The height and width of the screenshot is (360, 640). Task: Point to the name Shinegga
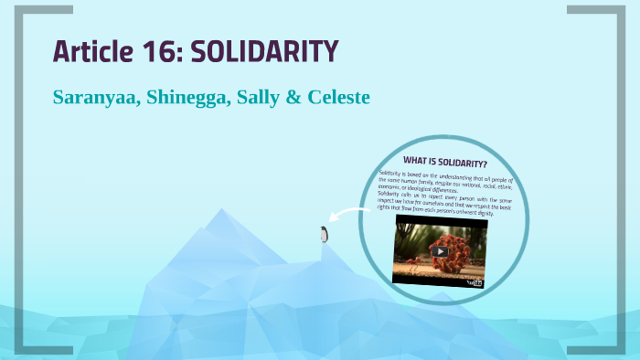[190, 97]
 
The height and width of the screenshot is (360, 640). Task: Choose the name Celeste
[338, 96]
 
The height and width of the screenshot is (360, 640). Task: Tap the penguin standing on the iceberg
[323, 234]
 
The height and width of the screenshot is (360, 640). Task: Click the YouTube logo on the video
[474, 282]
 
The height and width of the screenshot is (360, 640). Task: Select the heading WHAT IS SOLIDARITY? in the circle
[445, 164]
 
